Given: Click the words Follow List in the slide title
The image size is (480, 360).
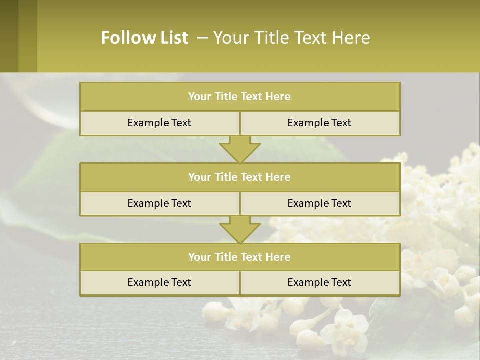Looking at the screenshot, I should [145, 38].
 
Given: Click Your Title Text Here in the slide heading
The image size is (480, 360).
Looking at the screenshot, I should [292, 38].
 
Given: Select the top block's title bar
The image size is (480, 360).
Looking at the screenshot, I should [240, 97].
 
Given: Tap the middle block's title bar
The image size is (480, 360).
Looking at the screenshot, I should [240, 177].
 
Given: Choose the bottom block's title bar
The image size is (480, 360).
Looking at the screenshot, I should [240, 257].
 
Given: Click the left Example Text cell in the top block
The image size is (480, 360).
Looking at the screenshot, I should [159, 123].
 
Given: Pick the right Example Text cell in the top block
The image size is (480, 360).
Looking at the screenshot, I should [319, 123].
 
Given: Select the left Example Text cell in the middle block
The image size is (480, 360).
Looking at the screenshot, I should [159, 203].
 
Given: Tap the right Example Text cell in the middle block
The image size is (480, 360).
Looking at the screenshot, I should [319, 203].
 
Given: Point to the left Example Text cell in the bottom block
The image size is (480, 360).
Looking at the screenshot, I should [159, 282].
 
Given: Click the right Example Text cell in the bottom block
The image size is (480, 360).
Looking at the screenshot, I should [319, 282].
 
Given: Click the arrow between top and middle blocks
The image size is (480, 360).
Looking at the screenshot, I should [240, 149].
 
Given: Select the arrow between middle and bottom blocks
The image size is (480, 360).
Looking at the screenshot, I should [240, 229].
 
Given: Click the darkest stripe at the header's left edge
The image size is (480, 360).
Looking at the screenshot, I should [9, 36].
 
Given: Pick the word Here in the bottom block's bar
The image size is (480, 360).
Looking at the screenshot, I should [278, 257].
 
